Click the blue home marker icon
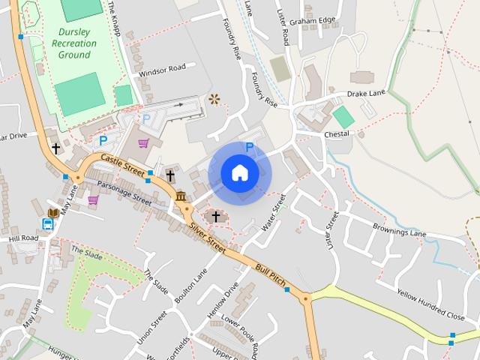click(x=240, y=173)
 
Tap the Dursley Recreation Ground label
click(x=74, y=43)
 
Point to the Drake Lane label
click(x=365, y=94)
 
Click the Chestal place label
click(x=337, y=133)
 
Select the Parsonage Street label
click(x=124, y=193)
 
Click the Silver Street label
click(x=208, y=235)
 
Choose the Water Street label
click(x=274, y=213)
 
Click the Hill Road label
click(x=23, y=238)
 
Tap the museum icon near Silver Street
click(x=181, y=196)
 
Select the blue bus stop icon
click(x=48, y=223)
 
